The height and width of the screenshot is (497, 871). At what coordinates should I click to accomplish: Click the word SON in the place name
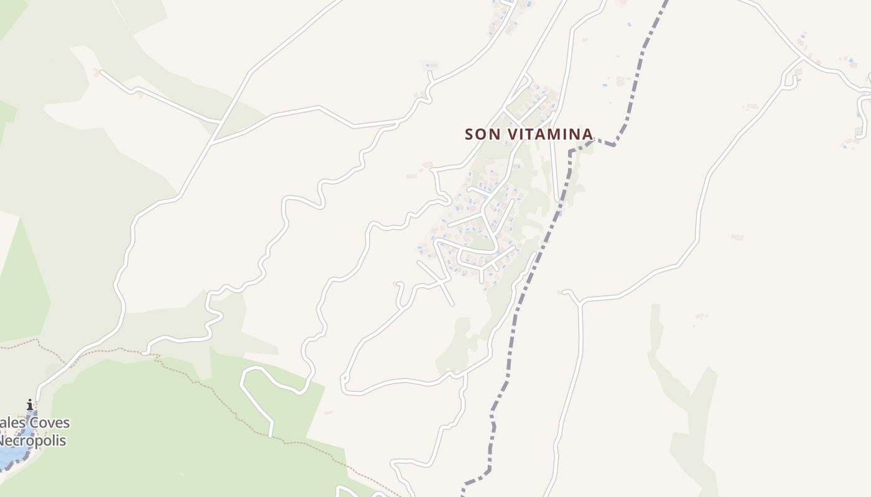(483, 134)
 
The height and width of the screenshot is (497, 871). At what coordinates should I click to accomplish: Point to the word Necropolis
(32, 441)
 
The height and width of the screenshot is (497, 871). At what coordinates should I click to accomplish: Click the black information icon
(30, 405)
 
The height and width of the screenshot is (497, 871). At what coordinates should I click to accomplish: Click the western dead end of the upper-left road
(101, 72)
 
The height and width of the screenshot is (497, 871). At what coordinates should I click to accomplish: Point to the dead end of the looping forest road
(270, 435)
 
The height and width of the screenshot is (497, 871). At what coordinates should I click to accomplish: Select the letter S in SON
(470, 134)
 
